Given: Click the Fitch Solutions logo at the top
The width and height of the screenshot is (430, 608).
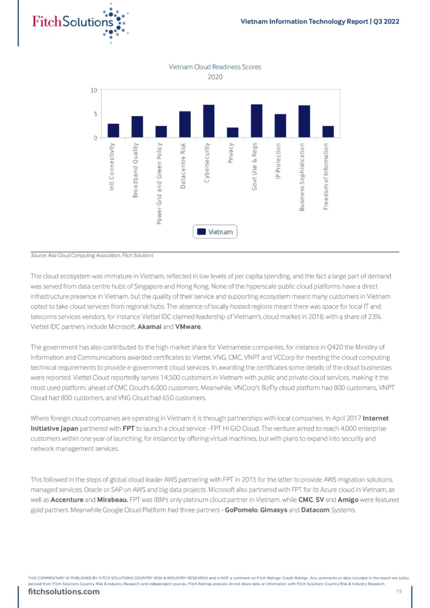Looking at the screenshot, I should (x=78, y=22).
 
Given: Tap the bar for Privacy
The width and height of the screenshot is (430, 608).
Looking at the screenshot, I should (x=232, y=133).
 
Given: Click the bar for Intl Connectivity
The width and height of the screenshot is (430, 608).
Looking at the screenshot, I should (x=113, y=130).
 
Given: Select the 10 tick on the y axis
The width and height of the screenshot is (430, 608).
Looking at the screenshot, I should (x=94, y=90).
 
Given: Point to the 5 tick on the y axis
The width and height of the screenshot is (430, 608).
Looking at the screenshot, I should (x=95, y=114).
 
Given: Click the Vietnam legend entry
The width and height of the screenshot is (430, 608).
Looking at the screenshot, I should (x=216, y=232).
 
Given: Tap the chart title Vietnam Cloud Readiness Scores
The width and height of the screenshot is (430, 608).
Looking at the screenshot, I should (x=215, y=67).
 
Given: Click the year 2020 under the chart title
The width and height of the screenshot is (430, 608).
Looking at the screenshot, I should (x=215, y=77).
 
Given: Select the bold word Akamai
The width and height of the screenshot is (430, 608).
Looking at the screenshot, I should (x=153, y=326).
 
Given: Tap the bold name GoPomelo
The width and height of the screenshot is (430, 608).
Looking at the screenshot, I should (x=240, y=511).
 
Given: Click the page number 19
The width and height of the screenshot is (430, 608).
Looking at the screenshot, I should (x=399, y=592).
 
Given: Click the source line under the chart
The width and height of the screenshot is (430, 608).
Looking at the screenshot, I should (x=92, y=255).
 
